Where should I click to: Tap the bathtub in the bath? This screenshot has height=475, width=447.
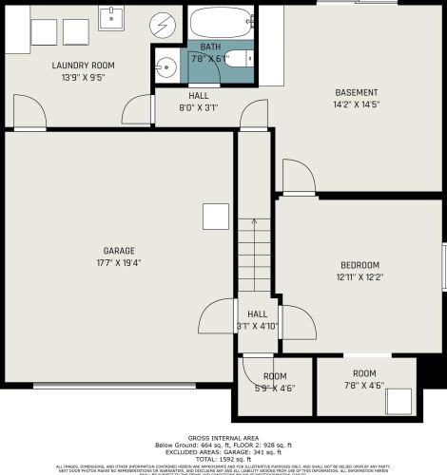tap(221, 22)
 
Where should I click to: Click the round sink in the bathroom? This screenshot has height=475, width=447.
tap(166, 66)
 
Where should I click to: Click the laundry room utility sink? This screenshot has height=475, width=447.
tap(113, 17)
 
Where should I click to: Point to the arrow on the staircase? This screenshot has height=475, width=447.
tap(254, 224)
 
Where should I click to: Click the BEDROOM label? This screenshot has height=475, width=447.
tap(360, 265)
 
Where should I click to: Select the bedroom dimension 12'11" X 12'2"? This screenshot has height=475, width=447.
tap(360, 276)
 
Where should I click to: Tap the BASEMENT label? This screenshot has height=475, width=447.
tap(355, 92)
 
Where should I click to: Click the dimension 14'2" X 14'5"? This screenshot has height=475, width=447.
tap(355, 104)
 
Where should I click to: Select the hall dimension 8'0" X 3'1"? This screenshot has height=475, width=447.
tap(198, 108)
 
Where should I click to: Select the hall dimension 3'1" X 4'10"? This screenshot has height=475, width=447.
tap(257, 327)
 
